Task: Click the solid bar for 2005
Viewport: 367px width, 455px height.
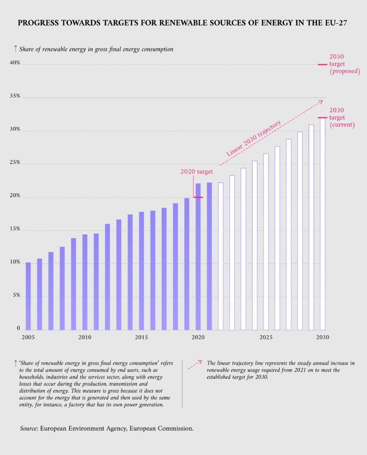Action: click(x=28, y=296)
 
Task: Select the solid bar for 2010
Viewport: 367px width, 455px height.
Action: click(x=85, y=282)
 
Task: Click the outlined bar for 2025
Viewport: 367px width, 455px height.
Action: click(x=266, y=242)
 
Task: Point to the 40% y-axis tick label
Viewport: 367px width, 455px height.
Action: click(x=15, y=63)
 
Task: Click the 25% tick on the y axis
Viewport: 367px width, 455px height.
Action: click(x=15, y=163)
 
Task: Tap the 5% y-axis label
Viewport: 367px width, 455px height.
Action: click(x=16, y=295)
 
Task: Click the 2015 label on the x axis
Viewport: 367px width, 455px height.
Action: click(x=142, y=338)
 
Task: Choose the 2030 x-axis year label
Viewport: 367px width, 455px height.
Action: click(x=323, y=338)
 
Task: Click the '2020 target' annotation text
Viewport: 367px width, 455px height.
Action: click(x=196, y=172)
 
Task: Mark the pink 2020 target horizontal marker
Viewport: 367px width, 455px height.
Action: click(x=198, y=197)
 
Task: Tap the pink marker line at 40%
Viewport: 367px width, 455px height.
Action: click(x=323, y=64)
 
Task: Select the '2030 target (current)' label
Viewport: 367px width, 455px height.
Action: click(x=342, y=117)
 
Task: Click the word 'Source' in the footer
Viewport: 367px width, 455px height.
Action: click(x=29, y=429)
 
